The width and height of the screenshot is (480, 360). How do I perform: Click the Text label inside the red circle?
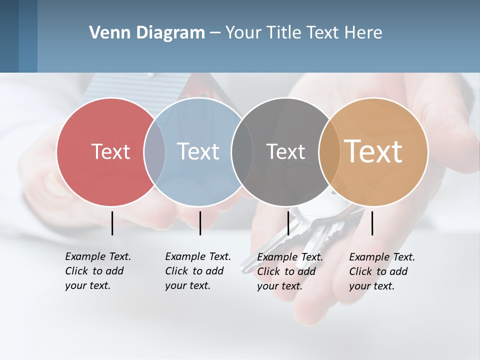point(110,151)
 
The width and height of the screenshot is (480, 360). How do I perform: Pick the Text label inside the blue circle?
point(198,151)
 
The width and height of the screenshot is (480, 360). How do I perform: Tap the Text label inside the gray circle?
point(285,151)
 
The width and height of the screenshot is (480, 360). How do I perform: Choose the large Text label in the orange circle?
point(373,151)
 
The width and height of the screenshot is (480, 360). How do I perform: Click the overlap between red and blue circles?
point(154,151)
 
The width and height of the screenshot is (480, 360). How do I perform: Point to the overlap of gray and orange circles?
point(329,151)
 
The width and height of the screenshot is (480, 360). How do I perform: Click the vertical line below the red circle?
point(112,223)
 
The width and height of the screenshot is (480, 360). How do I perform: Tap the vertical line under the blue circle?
point(200,223)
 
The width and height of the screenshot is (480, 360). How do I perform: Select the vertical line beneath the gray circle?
point(288,223)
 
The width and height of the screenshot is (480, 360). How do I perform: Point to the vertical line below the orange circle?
point(372,223)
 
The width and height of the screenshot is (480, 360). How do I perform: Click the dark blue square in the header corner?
point(9,36)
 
